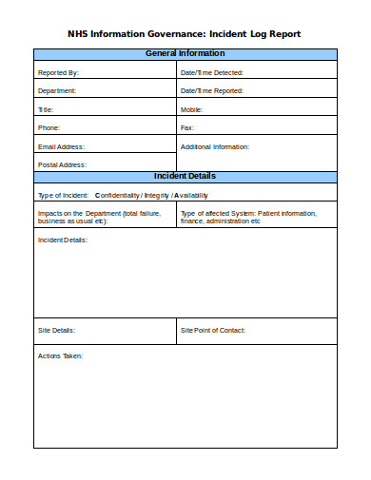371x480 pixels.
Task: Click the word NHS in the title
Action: point(78,33)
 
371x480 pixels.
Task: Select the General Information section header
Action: point(185,54)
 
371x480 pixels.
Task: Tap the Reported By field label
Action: point(58,72)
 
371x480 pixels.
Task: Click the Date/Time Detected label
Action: point(212,72)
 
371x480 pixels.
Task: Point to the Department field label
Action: point(56,90)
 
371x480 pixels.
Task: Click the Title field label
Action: point(46,109)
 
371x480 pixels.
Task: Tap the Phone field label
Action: point(48,127)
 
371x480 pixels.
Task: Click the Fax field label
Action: point(186,127)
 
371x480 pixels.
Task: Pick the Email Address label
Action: point(61,146)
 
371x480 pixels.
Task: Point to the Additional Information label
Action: point(214,146)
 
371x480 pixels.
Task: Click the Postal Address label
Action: point(62,164)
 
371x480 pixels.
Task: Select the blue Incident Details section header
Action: point(185,177)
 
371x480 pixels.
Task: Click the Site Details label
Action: point(56,331)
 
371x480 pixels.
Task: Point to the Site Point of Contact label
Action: point(212,331)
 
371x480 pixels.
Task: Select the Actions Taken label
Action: point(60,355)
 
